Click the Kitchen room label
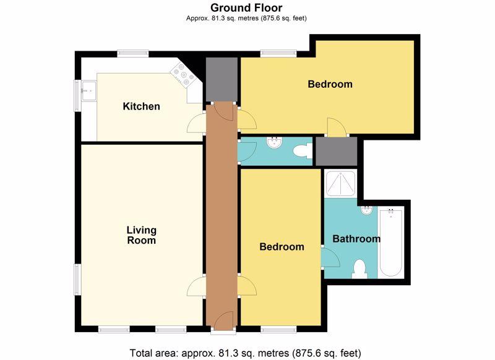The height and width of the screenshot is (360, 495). coord(141,106)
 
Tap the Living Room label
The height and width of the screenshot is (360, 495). coord(142,235)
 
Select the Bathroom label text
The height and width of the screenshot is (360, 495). coord(356,239)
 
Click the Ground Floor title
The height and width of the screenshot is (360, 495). coord(246,7)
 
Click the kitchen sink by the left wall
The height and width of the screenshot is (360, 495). coord(88,91)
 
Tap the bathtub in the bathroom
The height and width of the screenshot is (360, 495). coord(391,242)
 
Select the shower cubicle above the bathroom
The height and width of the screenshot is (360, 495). coord(340,184)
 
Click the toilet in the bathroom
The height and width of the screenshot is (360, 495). coord(359,269)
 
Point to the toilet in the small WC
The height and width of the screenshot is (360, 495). coord(303,151)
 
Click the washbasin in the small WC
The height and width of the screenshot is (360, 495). coord(274,142)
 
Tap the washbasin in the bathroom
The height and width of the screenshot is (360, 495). coord(366,210)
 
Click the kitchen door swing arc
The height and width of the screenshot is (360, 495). coord(196,123)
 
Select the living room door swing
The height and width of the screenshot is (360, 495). coord(196,286)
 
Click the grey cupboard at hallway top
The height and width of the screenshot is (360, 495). coord(222,79)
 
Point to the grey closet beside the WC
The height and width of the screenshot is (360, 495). coord(337,151)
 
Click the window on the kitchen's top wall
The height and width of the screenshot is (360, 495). coord(132,54)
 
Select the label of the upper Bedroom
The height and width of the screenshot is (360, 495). coord(330,84)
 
